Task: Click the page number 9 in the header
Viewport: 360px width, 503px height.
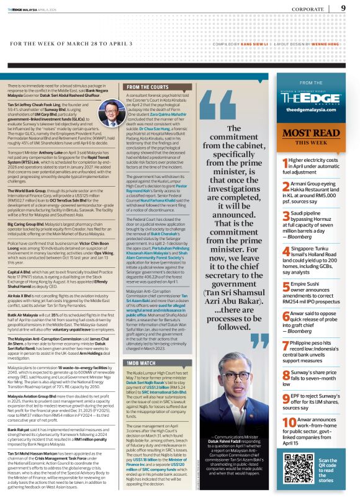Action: pos(343,8)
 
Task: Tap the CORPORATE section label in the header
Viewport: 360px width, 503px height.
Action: pos(307,9)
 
